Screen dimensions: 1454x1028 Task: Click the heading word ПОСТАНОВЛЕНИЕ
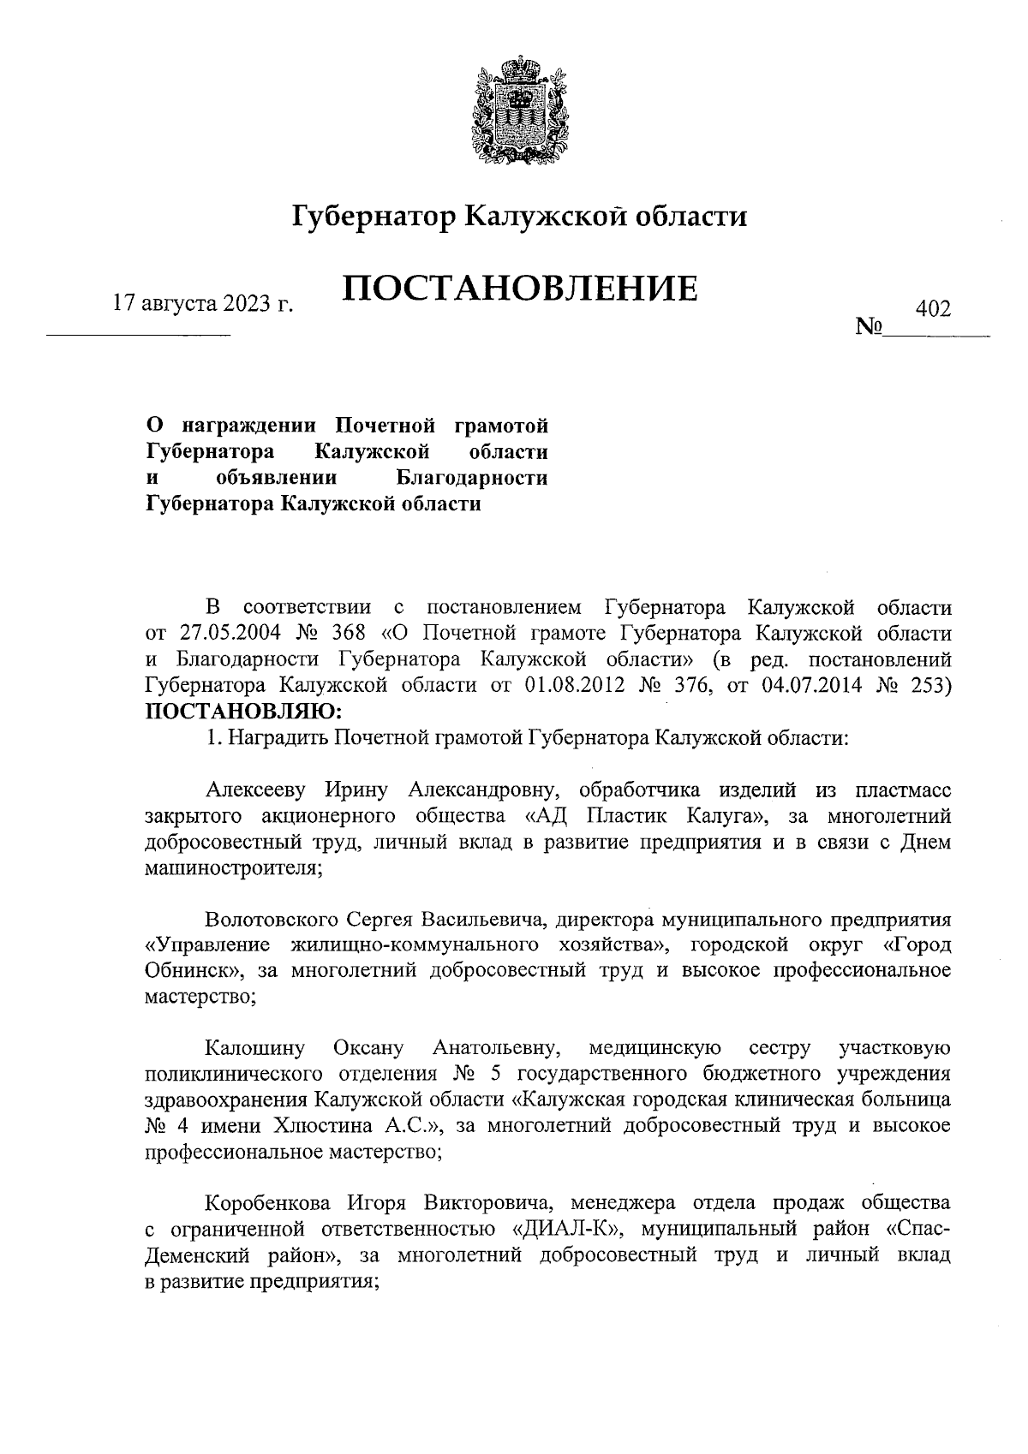pos(520,289)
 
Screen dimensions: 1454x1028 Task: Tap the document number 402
pos(933,308)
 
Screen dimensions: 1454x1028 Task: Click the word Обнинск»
pos(193,971)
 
